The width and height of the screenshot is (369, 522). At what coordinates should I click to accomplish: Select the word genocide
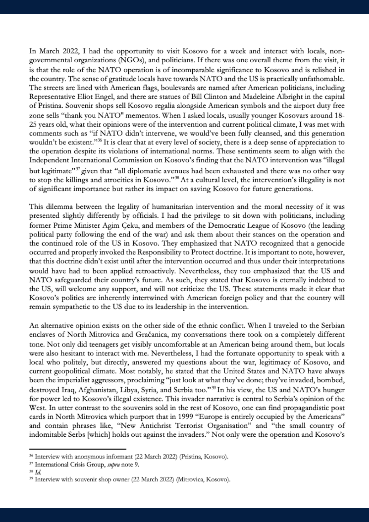[x=331, y=244]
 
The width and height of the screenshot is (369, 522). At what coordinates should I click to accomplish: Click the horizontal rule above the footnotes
[x=78, y=449]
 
